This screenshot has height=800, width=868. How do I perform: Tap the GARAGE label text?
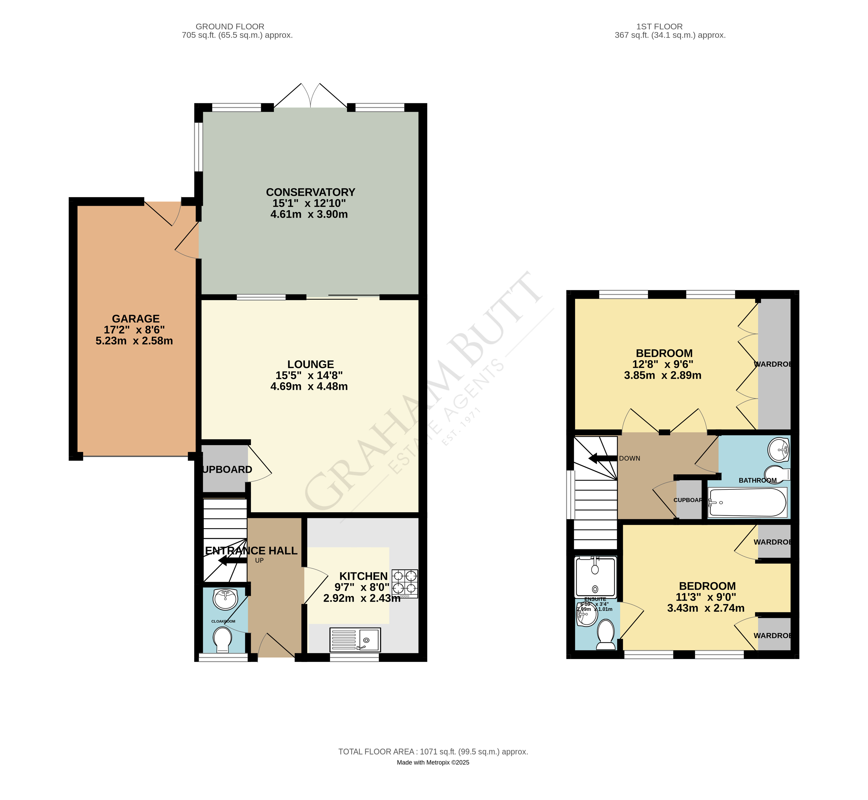[x=136, y=319]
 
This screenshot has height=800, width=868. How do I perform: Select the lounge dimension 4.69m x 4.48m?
[x=309, y=387]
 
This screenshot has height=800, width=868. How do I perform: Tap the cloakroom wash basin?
[x=225, y=599]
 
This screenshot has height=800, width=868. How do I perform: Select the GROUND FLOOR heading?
[x=230, y=27]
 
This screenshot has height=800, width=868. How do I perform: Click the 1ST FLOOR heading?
[x=659, y=27]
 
